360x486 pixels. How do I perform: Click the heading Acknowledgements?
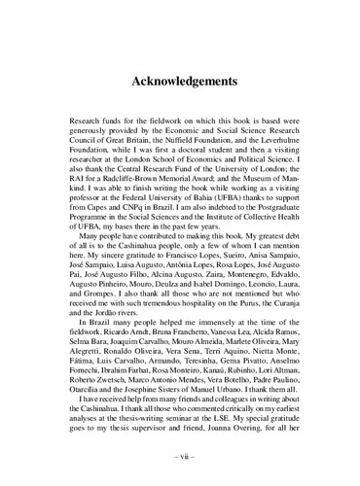coord(180,83)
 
